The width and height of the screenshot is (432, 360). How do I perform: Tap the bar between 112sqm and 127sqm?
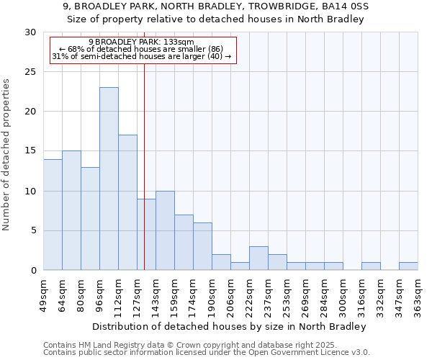[127, 202]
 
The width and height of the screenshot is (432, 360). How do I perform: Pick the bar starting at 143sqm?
[165, 230]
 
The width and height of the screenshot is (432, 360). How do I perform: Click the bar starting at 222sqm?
[258, 258]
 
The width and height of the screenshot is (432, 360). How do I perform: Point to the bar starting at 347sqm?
[408, 266]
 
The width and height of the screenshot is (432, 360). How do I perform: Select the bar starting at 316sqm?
[371, 266]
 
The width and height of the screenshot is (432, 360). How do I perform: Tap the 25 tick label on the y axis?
[30, 72]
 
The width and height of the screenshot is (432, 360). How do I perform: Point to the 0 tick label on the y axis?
[33, 270]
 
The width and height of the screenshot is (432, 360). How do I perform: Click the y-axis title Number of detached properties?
[7, 155]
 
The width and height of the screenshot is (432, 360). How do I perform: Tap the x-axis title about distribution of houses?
[230, 326]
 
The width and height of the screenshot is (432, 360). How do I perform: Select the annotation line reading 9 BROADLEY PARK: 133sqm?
[141, 42]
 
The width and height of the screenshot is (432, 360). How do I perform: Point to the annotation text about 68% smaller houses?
[141, 49]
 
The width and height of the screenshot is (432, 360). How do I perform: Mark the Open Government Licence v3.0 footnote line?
[207, 353]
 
